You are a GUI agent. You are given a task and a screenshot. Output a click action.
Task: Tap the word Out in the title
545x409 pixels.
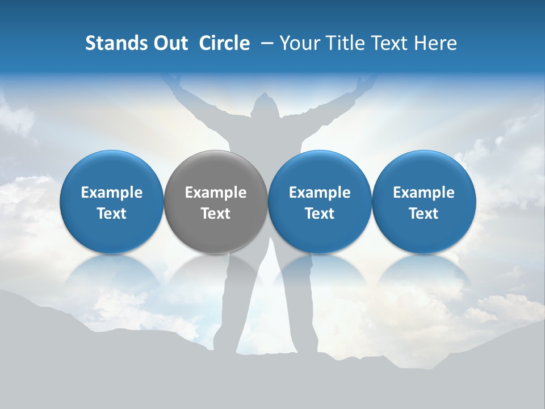170,43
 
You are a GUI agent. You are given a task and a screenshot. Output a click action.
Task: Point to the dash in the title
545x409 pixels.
265,43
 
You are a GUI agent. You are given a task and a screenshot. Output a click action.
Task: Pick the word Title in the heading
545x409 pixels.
345,43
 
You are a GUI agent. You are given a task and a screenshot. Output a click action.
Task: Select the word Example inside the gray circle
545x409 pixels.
216,193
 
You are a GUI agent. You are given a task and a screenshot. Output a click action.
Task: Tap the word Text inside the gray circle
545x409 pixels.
216,214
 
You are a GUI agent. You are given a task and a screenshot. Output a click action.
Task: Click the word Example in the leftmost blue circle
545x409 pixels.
112,193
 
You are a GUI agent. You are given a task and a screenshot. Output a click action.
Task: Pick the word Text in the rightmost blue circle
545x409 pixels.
424,214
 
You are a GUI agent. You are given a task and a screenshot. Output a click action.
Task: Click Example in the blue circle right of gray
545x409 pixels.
320,193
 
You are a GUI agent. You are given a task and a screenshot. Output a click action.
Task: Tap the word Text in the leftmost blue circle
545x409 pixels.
112,214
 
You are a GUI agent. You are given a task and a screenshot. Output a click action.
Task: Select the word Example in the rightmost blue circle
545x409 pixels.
424,193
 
